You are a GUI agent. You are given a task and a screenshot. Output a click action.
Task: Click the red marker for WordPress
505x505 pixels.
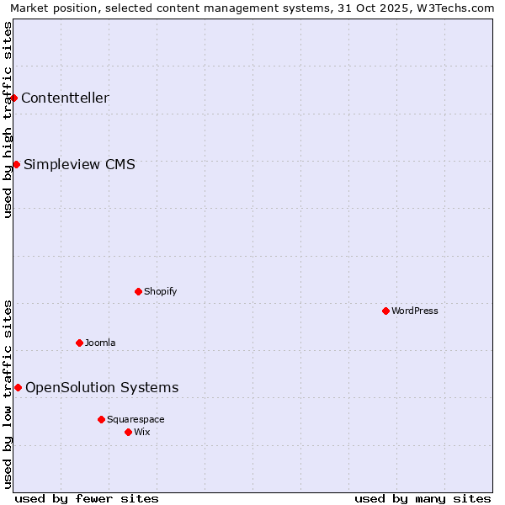click(x=385, y=311)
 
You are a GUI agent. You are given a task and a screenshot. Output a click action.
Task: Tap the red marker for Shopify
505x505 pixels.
click(x=138, y=291)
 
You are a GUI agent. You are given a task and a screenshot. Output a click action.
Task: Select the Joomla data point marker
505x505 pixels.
click(x=79, y=343)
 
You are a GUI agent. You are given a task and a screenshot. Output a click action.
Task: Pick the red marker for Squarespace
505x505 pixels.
click(x=101, y=419)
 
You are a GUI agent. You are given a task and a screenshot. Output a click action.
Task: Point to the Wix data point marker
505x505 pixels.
click(x=128, y=432)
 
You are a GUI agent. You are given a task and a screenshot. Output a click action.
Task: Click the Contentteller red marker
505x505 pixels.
click(x=13, y=98)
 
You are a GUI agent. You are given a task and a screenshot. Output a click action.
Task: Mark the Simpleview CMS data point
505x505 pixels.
click(x=16, y=164)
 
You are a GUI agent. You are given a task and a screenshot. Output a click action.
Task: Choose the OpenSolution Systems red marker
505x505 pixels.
click(x=18, y=387)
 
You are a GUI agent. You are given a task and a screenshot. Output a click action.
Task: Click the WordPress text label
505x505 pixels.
click(x=415, y=311)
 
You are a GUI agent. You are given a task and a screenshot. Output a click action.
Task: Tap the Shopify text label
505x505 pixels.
click(x=160, y=291)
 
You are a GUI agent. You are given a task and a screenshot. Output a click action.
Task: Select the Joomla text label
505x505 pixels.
click(x=100, y=343)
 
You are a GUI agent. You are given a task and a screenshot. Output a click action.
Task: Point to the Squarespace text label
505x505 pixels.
click(x=136, y=419)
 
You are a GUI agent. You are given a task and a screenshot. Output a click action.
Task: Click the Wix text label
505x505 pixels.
click(x=142, y=432)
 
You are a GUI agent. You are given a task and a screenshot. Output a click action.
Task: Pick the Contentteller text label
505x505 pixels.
click(x=65, y=98)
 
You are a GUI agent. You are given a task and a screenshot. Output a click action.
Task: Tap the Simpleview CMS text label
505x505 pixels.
click(x=79, y=164)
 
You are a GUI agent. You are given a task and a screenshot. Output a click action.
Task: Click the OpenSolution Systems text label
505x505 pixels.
click(x=102, y=387)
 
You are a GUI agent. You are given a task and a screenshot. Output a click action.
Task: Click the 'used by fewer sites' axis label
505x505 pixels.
click(x=87, y=498)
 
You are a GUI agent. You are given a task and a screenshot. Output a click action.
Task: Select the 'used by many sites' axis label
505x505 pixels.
click(x=423, y=498)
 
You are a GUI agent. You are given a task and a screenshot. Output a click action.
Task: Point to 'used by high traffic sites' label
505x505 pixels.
click(x=8, y=120)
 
